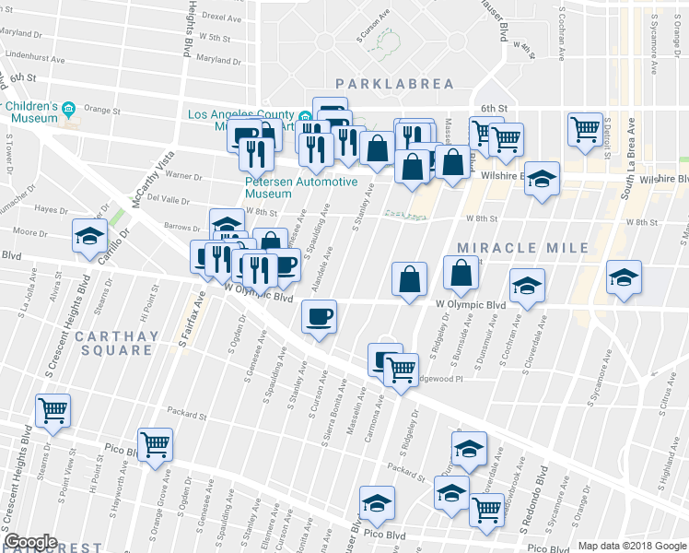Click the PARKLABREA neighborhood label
(x=394, y=84)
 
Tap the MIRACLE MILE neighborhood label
(x=522, y=248)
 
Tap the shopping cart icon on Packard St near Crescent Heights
(x=53, y=410)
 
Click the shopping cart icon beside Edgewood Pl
(x=400, y=371)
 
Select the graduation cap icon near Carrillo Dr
(x=89, y=237)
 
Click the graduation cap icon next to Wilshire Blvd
(x=543, y=177)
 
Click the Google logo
(x=30, y=542)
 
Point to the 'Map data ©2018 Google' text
(x=632, y=546)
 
